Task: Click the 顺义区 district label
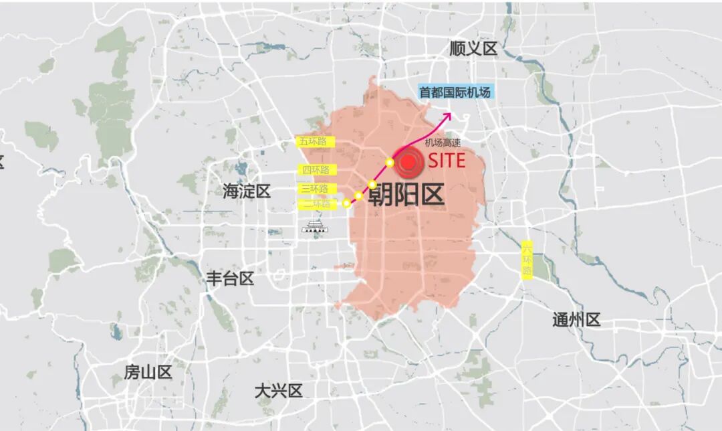(474, 49)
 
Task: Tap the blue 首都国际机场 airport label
(456, 92)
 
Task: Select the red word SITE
(447, 161)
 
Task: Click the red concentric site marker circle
(408, 162)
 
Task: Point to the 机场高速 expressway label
(443, 143)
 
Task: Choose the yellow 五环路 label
(316, 142)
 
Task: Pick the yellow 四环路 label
(316, 170)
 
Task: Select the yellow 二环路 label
(316, 204)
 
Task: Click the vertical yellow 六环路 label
(527, 260)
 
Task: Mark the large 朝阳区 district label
(406, 195)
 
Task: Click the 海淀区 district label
(247, 191)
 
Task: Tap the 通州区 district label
(576, 320)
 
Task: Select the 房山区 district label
(148, 372)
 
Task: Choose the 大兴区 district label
(279, 391)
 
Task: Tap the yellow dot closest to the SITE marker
(390, 163)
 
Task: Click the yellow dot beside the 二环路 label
(346, 203)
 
